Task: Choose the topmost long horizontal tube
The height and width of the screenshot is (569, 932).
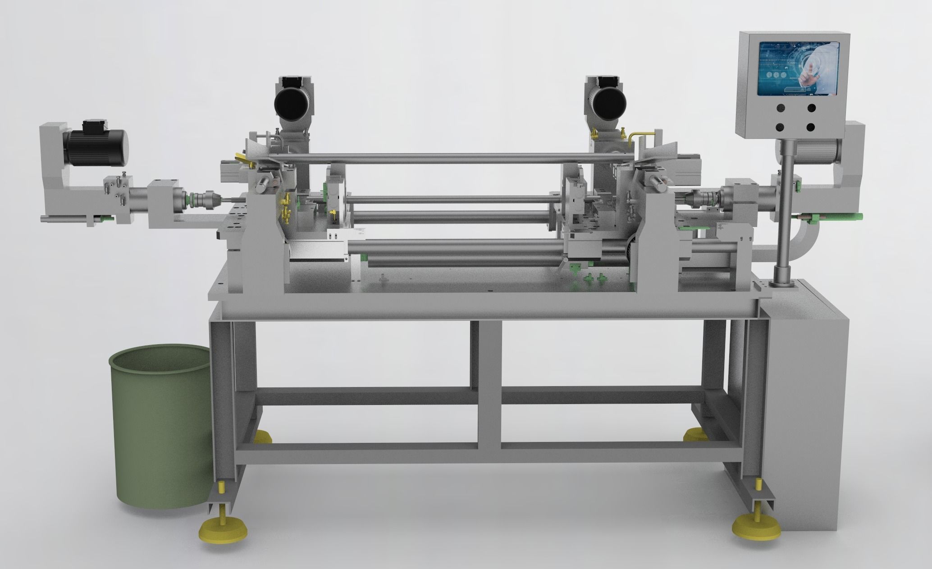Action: (451, 158)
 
